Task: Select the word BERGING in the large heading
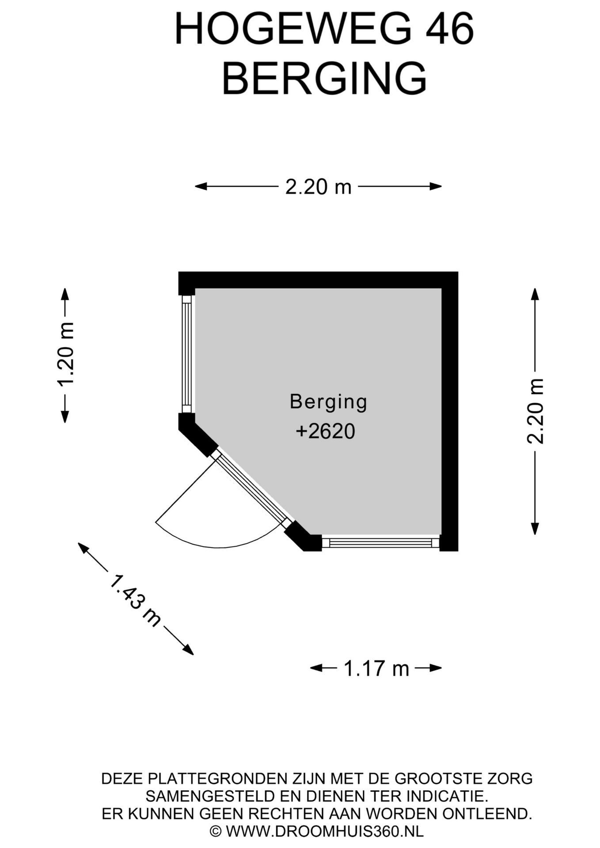coord(324,78)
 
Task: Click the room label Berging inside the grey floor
coord(328,402)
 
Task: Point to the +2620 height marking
coord(326,432)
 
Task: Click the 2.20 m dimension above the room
coord(318,187)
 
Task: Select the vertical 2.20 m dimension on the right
coord(535,411)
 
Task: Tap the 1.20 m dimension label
coord(65,354)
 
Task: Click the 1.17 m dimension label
coord(376,668)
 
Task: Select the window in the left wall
coord(187,354)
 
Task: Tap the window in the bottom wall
coord(381,543)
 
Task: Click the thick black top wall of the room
coord(318,280)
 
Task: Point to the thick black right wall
coord(450,411)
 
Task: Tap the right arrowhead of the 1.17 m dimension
coord(436,668)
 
